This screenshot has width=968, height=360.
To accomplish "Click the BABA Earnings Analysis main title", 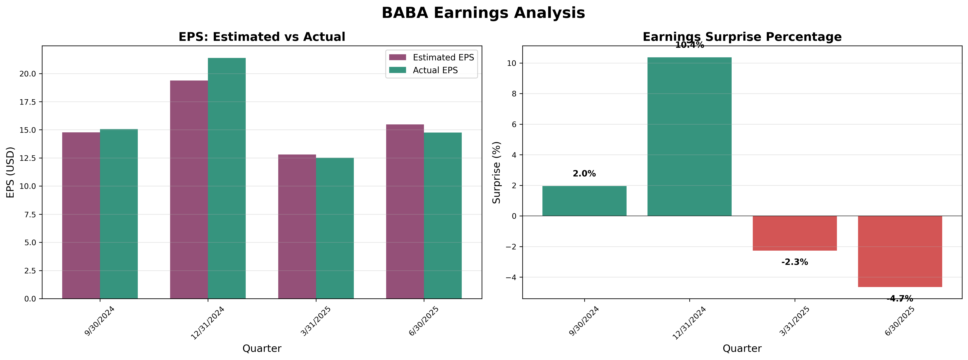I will (x=483, y=13).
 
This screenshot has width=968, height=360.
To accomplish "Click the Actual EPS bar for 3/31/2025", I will (x=335, y=228).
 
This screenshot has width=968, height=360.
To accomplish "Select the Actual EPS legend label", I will (x=435, y=70).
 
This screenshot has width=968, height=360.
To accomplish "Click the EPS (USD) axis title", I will (x=11, y=172).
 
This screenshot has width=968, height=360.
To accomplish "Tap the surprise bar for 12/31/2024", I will (x=690, y=137).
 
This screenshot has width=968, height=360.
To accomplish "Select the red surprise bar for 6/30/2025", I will (x=900, y=251).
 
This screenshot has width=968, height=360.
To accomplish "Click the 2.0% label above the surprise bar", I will (x=584, y=174).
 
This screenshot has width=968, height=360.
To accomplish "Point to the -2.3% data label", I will (x=795, y=262).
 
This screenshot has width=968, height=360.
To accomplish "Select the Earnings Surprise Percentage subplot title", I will (x=742, y=37).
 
